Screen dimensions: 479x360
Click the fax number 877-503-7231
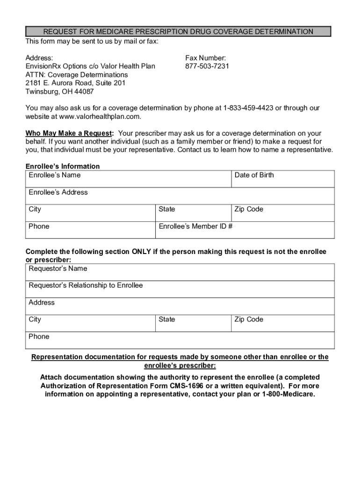click(x=207, y=66)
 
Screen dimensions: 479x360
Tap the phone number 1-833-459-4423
click(x=248, y=108)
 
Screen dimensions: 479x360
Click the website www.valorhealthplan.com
click(x=93, y=116)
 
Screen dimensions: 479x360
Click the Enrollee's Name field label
click(x=55, y=175)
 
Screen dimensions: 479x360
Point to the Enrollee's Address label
click(x=58, y=192)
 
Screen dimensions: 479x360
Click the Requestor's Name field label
click(x=58, y=269)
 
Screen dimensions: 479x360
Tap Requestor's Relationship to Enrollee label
click(x=86, y=286)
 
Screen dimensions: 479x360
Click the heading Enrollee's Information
click(x=63, y=167)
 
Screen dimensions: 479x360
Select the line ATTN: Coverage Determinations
click(x=77, y=75)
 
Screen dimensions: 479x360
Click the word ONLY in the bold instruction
click(x=141, y=252)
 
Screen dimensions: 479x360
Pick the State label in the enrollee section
click(x=167, y=210)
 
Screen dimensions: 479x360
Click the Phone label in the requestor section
click(x=39, y=337)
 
